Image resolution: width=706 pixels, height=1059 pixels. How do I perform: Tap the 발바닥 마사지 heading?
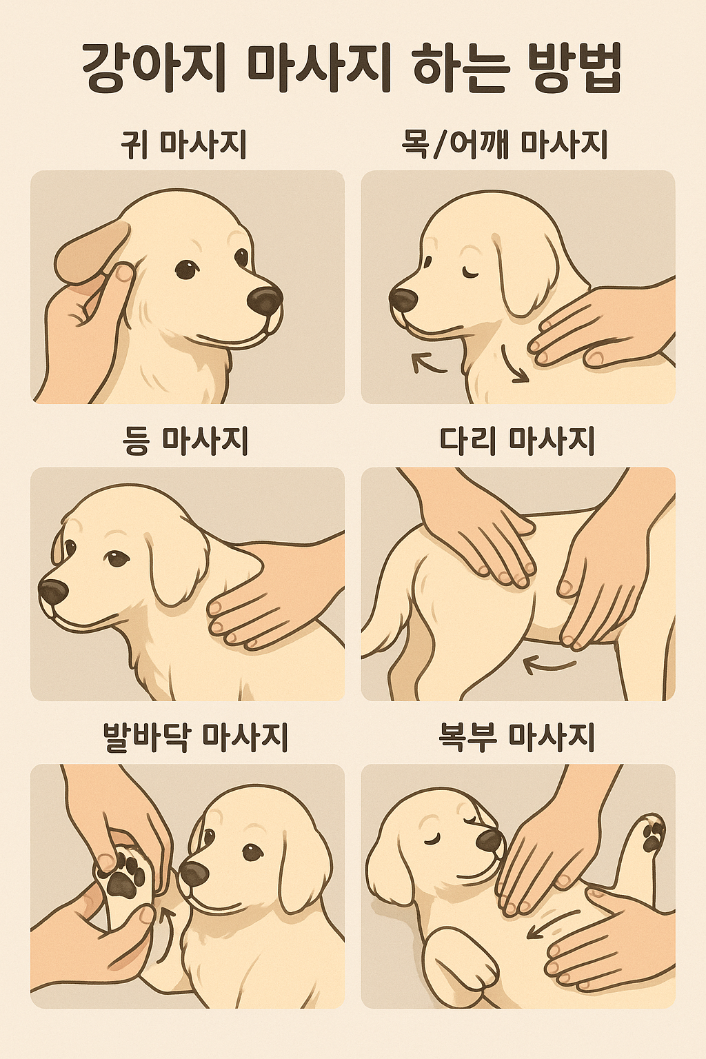pyautogui.click(x=195, y=738)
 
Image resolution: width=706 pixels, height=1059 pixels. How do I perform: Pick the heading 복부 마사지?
pyautogui.click(x=517, y=738)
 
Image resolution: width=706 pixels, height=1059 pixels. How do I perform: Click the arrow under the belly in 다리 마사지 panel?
pyautogui.click(x=549, y=666)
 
